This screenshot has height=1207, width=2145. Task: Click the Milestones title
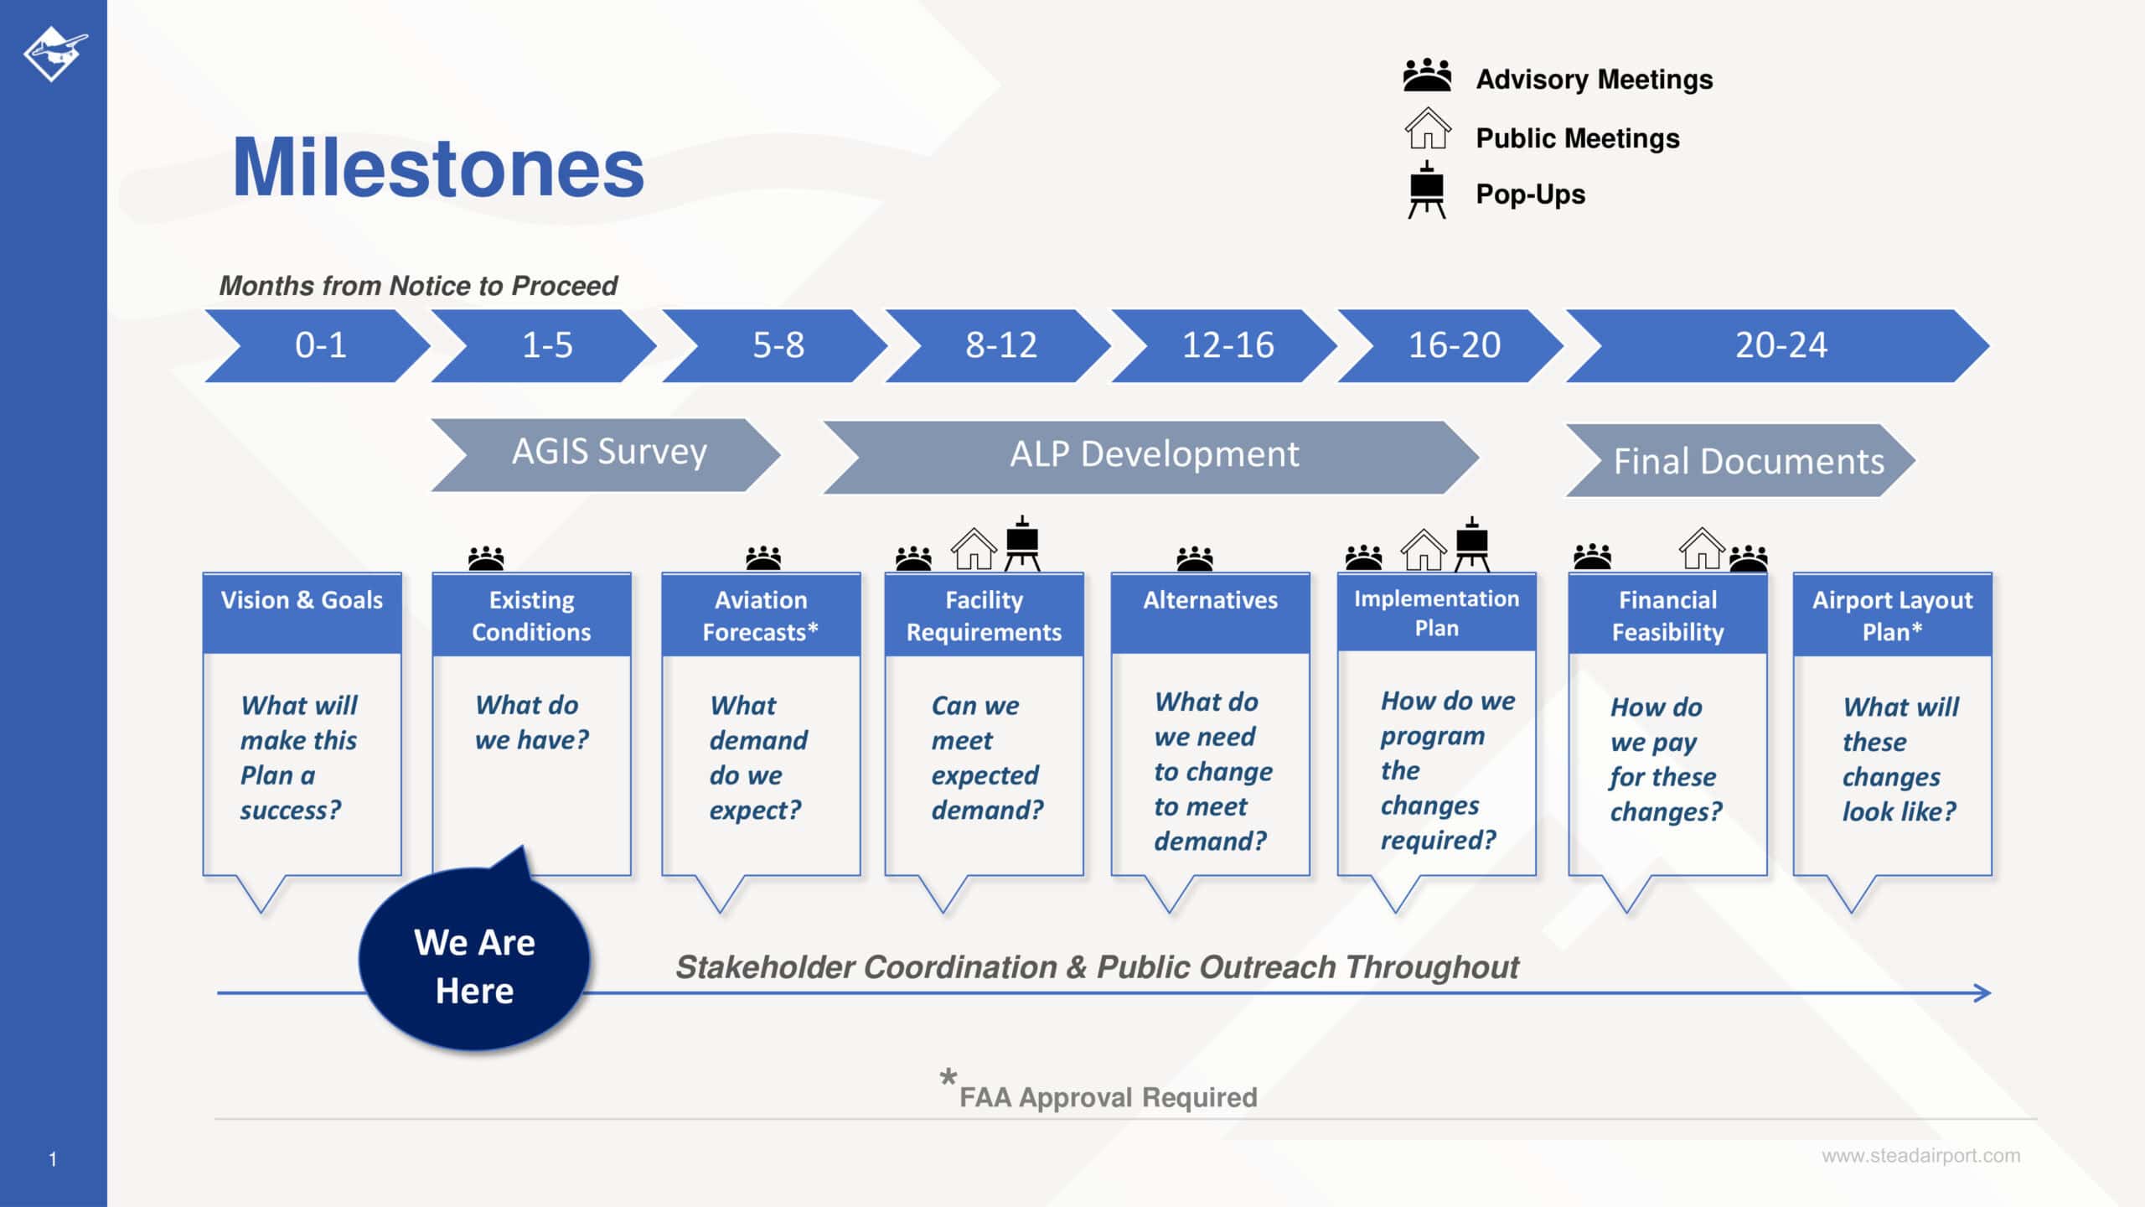tap(437, 168)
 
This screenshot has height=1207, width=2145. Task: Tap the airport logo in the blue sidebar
tap(54, 54)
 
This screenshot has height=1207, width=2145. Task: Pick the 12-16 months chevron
tap(1228, 345)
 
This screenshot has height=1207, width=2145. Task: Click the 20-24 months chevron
tap(1781, 345)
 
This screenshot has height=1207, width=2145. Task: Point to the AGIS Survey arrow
tap(608, 453)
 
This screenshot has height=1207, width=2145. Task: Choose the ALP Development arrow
tap(1153, 455)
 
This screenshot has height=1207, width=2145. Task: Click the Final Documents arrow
tap(1747, 461)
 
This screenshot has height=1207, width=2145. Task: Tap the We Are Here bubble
tap(474, 966)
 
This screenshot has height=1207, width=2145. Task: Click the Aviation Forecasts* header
tap(761, 615)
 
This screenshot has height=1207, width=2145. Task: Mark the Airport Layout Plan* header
tap(1892, 615)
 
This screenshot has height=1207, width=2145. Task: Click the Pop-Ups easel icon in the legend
tap(1426, 191)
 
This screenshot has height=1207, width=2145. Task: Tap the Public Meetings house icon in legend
tap(1428, 130)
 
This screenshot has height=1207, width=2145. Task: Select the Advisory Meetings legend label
tap(1594, 80)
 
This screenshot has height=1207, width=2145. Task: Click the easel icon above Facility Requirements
tap(1022, 545)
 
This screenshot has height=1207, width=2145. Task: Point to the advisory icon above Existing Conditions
tap(486, 558)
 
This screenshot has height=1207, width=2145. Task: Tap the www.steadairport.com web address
tap(1920, 1156)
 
